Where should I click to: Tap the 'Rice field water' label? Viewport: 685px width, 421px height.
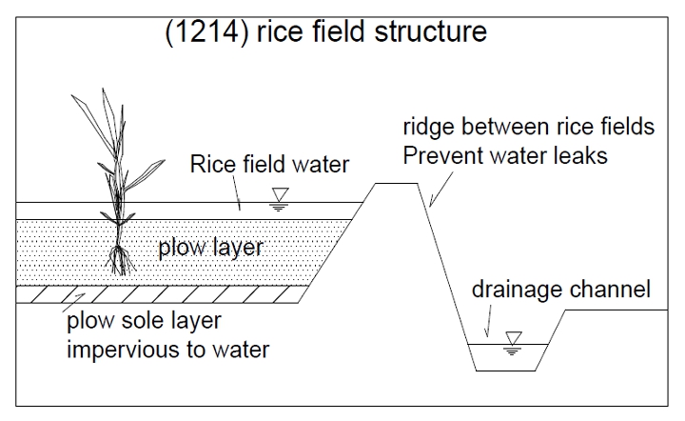[x=269, y=165]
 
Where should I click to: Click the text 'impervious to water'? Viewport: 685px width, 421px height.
[x=167, y=349]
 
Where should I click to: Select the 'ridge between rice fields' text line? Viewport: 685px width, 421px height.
[x=529, y=128]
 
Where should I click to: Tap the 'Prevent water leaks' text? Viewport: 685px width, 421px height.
[x=505, y=154]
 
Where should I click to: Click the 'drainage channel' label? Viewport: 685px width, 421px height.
[x=561, y=290]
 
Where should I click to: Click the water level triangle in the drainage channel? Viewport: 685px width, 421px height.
[x=515, y=338]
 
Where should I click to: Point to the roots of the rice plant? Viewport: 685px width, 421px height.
[x=120, y=259]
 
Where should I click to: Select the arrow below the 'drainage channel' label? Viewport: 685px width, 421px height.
[x=488, y=328]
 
